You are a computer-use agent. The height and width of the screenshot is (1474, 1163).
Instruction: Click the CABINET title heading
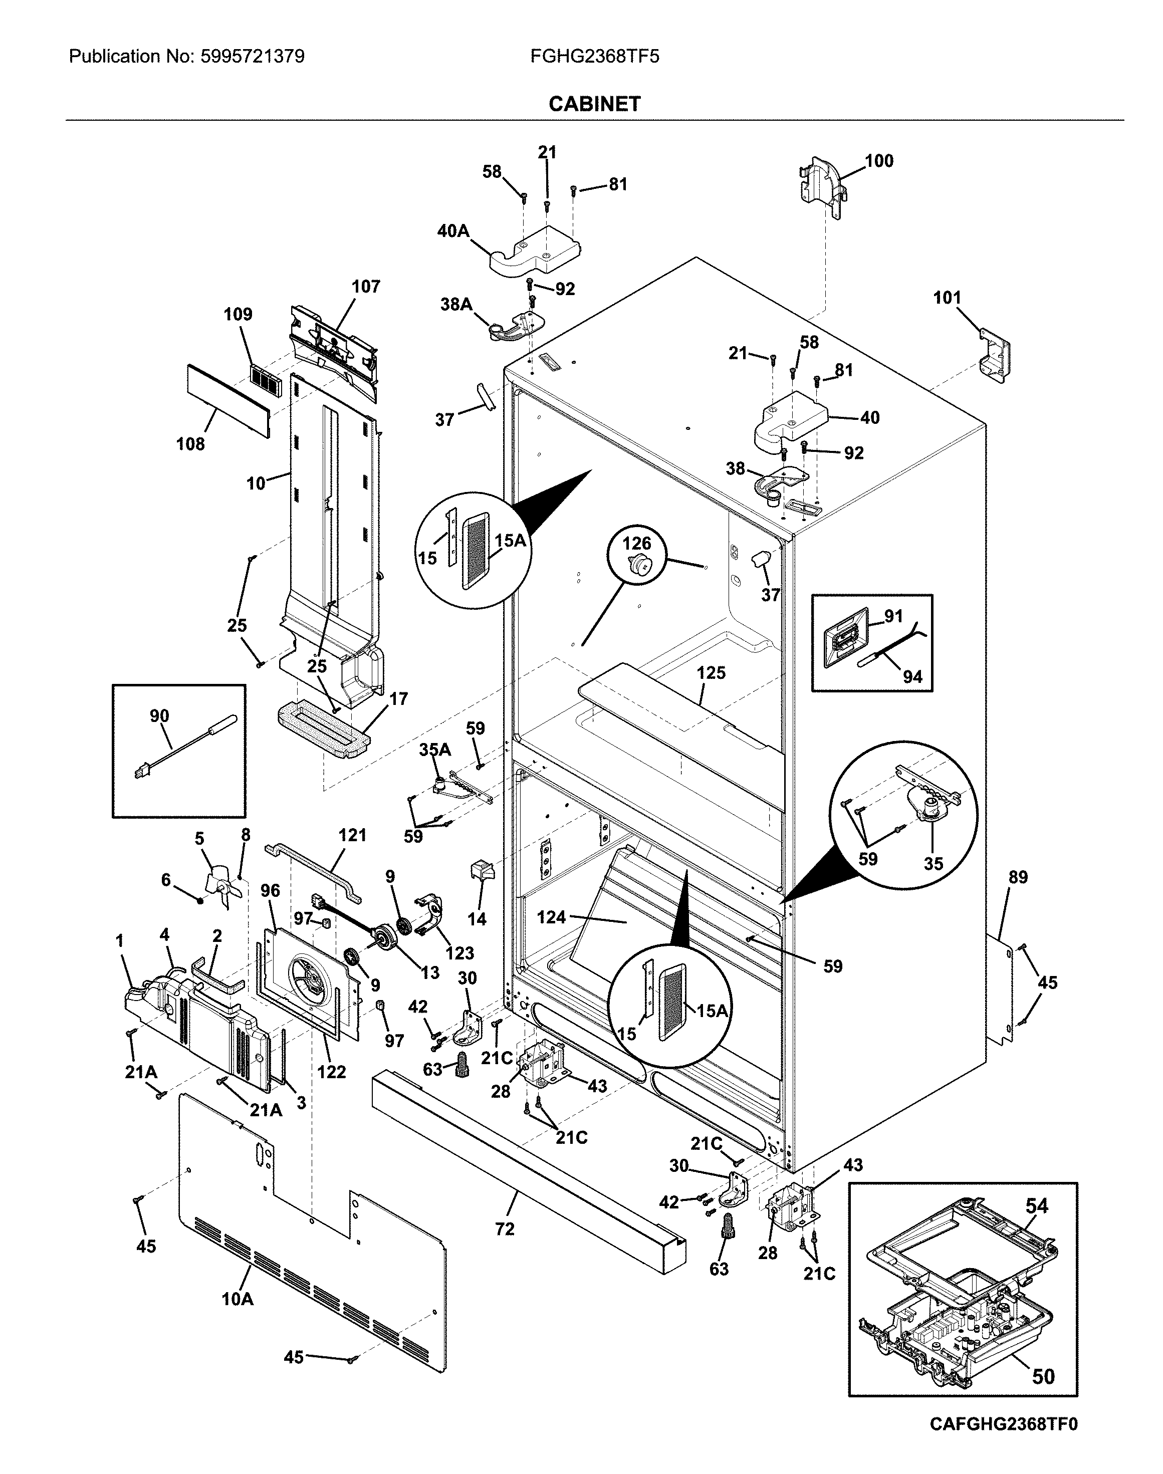click(594, 104)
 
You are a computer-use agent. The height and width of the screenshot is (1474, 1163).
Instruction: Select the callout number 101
click(947, 298)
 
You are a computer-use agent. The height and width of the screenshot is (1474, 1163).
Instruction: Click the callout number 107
click(366, 287)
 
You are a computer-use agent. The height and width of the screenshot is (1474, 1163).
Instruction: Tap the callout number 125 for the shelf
click(711, 673)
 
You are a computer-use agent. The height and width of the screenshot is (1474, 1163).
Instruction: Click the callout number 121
click(352, 835)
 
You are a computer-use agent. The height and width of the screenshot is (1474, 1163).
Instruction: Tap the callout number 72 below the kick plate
click(505, 1229)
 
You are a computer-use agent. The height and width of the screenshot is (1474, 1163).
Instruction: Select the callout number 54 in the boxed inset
click(1036, 1206)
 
